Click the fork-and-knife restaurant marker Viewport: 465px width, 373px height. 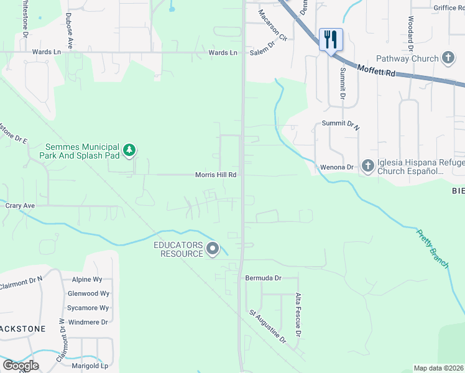(x=331, y=39)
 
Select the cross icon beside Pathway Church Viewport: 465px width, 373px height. (x=448, y=58)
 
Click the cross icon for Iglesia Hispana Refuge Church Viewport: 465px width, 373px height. (x=367, y=166)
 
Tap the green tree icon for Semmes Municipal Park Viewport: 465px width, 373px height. (x=129, y=150)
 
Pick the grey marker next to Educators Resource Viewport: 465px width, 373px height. (x=213, y=249)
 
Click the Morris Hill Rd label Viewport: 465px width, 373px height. (x=216, y=175)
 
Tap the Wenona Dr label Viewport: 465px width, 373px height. (x=336, y=167)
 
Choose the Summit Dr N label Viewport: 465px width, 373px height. (x=340, y=124)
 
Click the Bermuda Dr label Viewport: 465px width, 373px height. (x=263, y=278)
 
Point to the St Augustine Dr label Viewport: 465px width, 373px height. (x=267, y=327)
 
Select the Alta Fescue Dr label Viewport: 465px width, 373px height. (x=298, y=315)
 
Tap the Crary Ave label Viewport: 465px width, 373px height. (x=20, y=205)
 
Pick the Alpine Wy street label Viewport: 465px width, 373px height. (x=87, y=280)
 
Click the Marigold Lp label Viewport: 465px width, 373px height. (x=91, y=366)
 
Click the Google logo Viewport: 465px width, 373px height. (x=21, y=366)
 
